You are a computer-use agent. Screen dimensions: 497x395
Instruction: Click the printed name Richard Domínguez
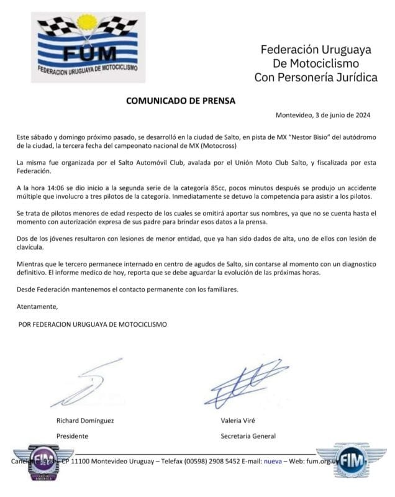click(x=85, y=421)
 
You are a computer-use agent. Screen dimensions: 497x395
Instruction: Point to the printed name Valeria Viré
click(x=240, y=421)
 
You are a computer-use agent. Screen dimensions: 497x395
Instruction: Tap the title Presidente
click(x=73, y=435)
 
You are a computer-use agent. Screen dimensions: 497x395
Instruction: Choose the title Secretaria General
click(x=248, y=435)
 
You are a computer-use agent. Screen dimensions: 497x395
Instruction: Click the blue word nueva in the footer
click(x=273, y=462)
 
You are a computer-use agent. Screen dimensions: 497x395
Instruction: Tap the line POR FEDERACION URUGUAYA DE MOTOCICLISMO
click(x=93, y=324)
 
